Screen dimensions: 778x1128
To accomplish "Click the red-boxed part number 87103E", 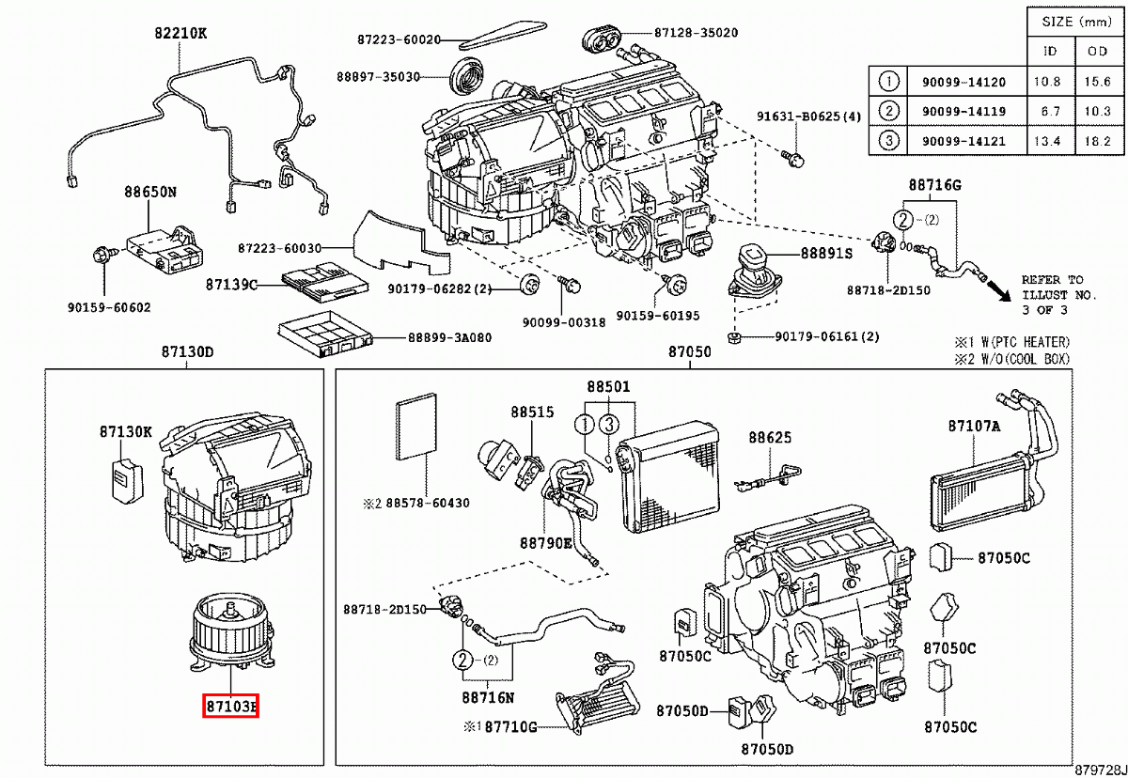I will (x=230, y=705).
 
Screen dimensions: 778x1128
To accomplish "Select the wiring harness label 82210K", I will (x=180, y=34).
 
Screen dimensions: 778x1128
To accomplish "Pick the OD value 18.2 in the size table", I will (x=1098, y=142).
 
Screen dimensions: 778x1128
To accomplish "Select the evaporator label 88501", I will (x=608, y=387).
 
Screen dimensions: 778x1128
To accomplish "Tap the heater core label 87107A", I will (x=974, y=426).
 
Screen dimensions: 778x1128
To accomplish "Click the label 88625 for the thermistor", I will (x=770, y=438).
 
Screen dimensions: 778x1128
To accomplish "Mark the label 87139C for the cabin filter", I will (x=231, y=284).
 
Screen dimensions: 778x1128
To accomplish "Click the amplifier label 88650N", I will (x=150, y=192).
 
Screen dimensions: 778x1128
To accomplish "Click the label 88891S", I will (x=826, y=254).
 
